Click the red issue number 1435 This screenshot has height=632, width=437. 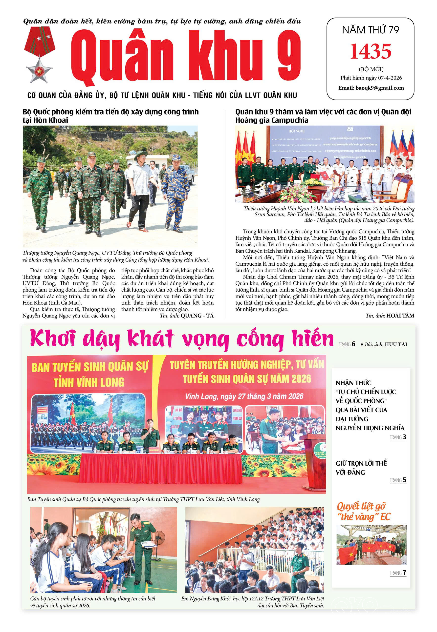click(371, 51)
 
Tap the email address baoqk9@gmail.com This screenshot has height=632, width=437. click(371, 88)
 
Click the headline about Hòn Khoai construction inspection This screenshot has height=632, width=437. click(111, 116)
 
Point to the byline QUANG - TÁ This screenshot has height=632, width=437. click(197, 316)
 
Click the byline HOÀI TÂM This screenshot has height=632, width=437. click(400, 316)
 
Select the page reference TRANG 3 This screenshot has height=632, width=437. click(398, 437)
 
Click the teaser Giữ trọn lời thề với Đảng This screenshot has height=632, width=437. click(361, 467)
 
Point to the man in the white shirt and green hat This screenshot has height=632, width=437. click(139, 189)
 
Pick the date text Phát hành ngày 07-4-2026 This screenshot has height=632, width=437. click(371, 78)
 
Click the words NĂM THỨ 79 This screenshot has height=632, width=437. click(371, 30)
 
